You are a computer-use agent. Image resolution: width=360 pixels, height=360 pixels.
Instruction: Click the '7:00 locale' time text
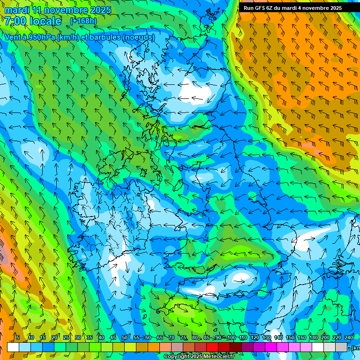[33, 21]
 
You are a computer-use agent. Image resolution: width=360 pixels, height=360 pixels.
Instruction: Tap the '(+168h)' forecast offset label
[83, 21]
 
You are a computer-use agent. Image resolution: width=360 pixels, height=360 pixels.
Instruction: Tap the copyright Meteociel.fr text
[199, 356]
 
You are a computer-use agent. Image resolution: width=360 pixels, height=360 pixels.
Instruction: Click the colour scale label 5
[18, 337]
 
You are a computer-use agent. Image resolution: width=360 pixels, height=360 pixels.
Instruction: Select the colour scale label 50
[124, 337]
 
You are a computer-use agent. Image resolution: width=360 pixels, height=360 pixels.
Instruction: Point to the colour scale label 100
[231, 337]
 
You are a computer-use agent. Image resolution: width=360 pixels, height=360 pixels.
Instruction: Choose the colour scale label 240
[348, 337]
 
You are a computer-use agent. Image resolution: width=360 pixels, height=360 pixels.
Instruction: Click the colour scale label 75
[183, 337]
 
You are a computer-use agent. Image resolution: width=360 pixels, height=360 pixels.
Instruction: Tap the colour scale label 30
[77, 337]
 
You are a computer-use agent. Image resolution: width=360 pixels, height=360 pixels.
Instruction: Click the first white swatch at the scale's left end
[13, 347]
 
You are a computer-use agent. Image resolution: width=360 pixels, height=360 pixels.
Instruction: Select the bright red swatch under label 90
[212, 347]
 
